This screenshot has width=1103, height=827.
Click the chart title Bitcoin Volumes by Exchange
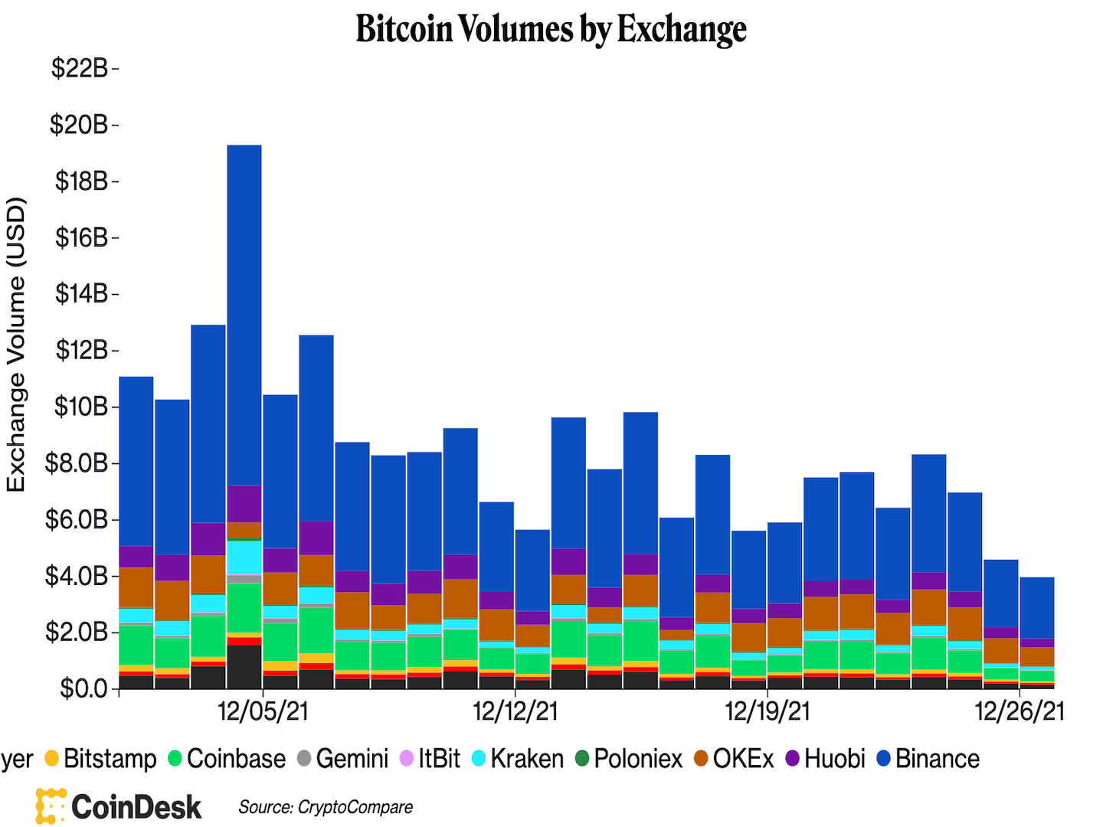pos(551,29)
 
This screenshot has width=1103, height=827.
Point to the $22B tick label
pos(80,68)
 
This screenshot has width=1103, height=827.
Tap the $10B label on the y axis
pos(80,407)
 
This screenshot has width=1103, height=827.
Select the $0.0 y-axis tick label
pos(85,688)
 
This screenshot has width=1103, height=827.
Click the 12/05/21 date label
pos(263,711)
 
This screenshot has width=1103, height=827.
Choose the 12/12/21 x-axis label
pos(515,711)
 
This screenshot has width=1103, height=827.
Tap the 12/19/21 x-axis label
pos(768,711)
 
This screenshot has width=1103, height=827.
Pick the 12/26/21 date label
pos(1020,711)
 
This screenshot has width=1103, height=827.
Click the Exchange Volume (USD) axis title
pos(17,345)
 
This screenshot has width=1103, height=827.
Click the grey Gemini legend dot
pos(304,759)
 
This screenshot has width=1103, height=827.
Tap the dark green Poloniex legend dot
pos(582,759)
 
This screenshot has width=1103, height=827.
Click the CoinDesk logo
pos(119,806)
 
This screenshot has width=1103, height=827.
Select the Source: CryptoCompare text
pos(326,807)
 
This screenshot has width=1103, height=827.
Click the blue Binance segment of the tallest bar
pos(244,314)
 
